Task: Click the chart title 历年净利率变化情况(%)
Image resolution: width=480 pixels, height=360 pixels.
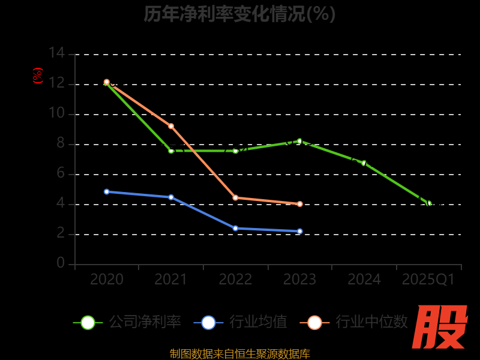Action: pos(239,14)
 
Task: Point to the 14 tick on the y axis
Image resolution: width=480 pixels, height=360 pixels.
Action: pos(56,53)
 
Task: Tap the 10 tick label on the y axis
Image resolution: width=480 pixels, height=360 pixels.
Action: pos(56,113)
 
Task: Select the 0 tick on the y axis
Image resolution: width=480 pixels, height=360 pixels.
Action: pos(61,263)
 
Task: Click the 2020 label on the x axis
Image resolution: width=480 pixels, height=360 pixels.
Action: pos(107,280)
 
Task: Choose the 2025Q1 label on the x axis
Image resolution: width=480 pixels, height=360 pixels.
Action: pos(428,280)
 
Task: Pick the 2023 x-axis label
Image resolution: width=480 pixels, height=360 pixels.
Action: pos(300,280)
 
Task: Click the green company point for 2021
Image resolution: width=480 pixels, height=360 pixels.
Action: pos(171,151)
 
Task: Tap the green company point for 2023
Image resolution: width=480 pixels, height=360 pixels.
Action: pos(300,141)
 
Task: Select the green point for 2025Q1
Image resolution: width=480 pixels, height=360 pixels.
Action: pos(429,203)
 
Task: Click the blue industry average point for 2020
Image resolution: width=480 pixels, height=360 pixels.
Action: pos(107,191)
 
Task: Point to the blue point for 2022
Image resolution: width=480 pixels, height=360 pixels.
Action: pos(235,228)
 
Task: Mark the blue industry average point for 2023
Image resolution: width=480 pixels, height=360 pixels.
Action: pos(300,231)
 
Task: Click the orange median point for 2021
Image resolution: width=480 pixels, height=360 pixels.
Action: pos(171,126)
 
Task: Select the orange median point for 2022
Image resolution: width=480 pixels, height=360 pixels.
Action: pos(235,197)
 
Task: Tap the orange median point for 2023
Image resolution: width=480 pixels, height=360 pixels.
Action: pos(300,204)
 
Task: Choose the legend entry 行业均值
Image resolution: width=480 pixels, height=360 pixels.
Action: pos(241,322)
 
